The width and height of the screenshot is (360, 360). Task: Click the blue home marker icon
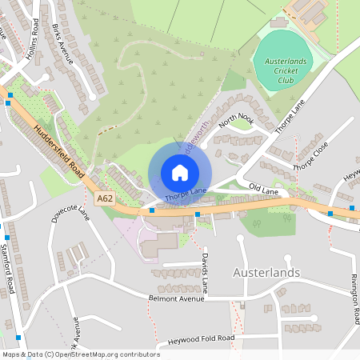click(x=180, y=173)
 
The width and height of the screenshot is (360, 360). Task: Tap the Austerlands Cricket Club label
click(x=286, y=70)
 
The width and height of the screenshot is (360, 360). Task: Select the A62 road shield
click(x=105, y=198)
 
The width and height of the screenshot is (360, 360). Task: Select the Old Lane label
click(x=263, y=189)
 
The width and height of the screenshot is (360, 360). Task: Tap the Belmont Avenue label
click(x=178, y=298)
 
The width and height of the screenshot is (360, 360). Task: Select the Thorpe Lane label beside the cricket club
click(x=290, y=117)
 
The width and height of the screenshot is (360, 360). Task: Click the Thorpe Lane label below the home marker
click(x=186, y=194)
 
